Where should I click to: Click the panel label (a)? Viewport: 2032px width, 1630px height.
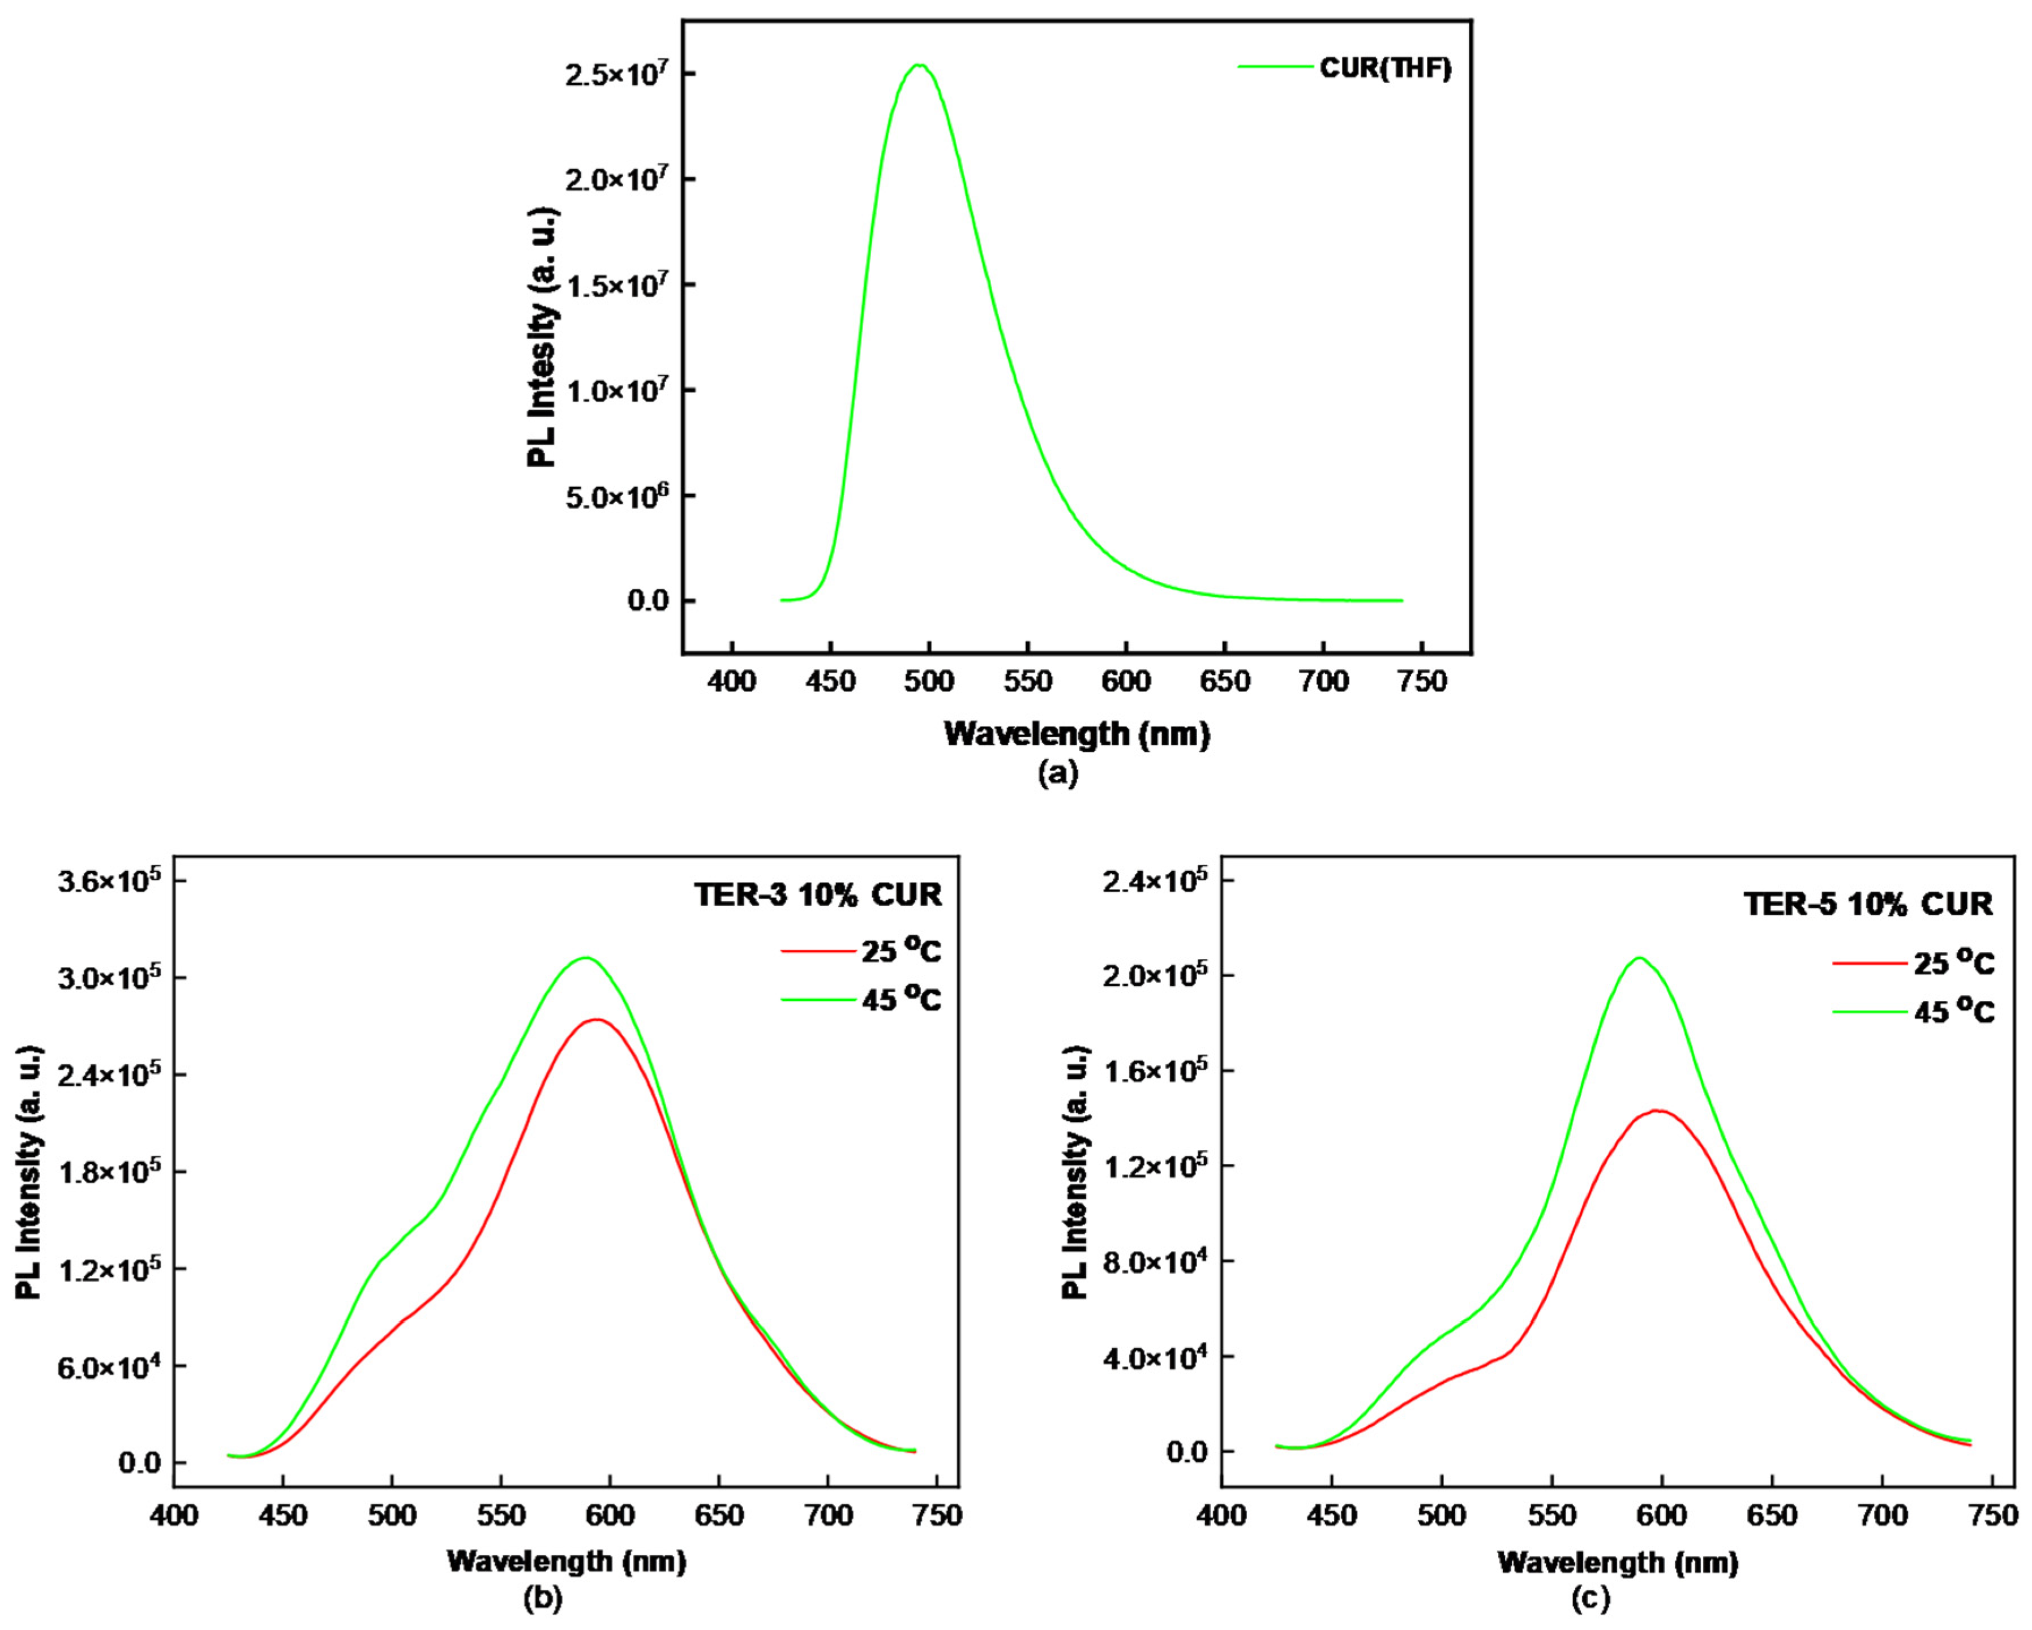pyautogui.click(x=1057, y=773)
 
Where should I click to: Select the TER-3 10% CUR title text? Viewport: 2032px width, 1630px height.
pyautogui.click(x=817, y=894)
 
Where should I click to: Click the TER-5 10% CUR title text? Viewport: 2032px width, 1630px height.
pyautogui.click(x=1868, y=905)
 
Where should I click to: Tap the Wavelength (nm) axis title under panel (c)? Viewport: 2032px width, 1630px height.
pyautogui.click(x=1617, y=1562)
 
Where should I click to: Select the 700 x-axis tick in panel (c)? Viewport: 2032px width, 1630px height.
pyautogui.click(x=1881, y=1516)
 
